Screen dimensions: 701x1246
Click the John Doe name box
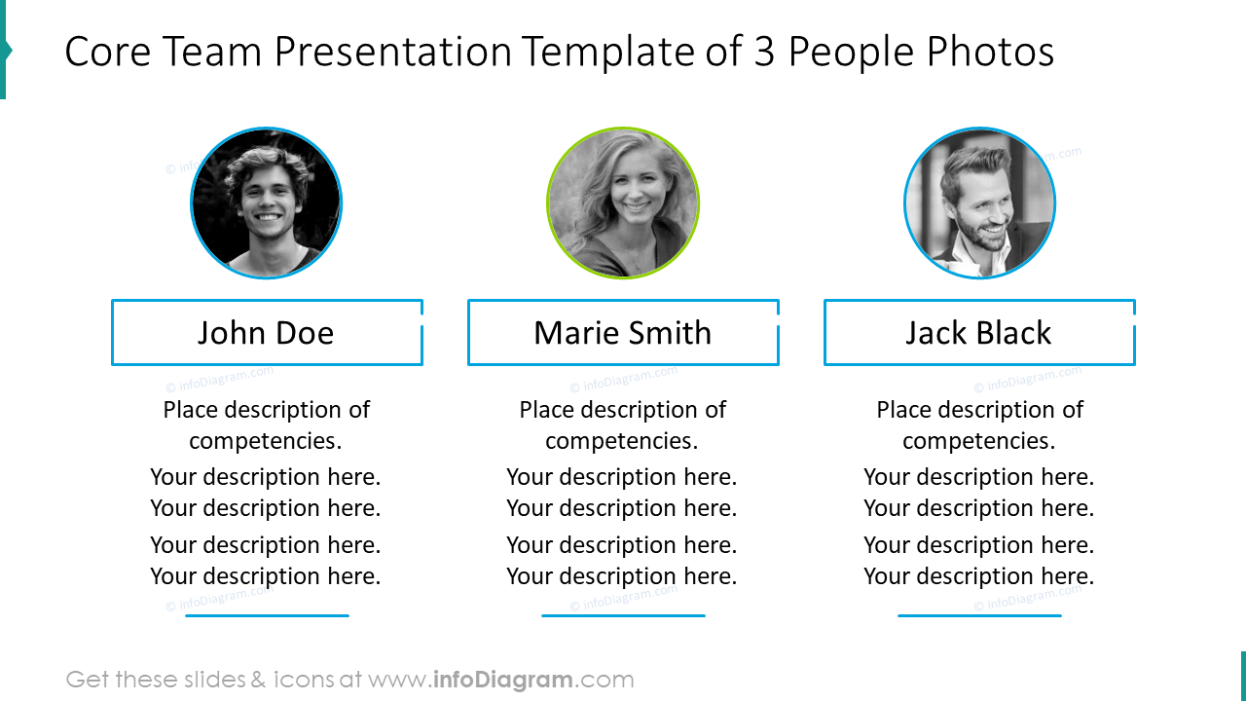267,333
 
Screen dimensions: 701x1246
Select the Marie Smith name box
623,333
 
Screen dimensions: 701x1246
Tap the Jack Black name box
979,333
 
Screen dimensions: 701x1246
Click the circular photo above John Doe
266,203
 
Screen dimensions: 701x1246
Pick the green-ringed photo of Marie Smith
623,203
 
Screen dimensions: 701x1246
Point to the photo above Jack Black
979,203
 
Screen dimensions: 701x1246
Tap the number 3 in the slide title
764,53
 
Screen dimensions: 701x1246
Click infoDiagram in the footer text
502,680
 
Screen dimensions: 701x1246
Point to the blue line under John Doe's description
267,615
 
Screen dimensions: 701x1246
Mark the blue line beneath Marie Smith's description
623,615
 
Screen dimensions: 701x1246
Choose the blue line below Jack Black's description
979,615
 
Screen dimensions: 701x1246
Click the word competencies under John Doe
266,441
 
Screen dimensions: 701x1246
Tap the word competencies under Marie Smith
622,441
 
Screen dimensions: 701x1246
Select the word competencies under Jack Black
978,441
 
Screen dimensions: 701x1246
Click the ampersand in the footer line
258,680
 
